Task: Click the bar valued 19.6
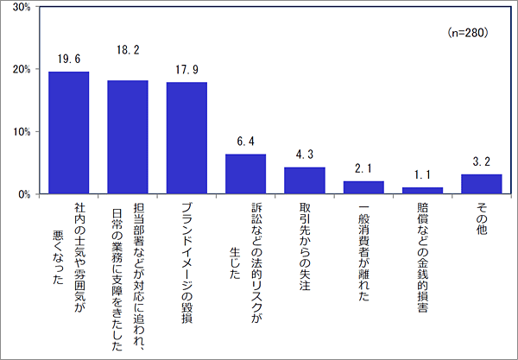click(x=69, y=133)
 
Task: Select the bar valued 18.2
click(x=128, y=137)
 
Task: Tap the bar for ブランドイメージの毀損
click(x=186, y=138)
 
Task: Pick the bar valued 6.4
click(x=245, y=174)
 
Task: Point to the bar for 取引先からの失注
click(x=304, y=180)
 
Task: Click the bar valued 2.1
click(x=363, y=187)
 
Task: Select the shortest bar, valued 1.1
click(x=422, y=191)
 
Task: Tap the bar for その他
click(x=481, y=184)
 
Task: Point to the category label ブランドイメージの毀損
click(x=186, y=262)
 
